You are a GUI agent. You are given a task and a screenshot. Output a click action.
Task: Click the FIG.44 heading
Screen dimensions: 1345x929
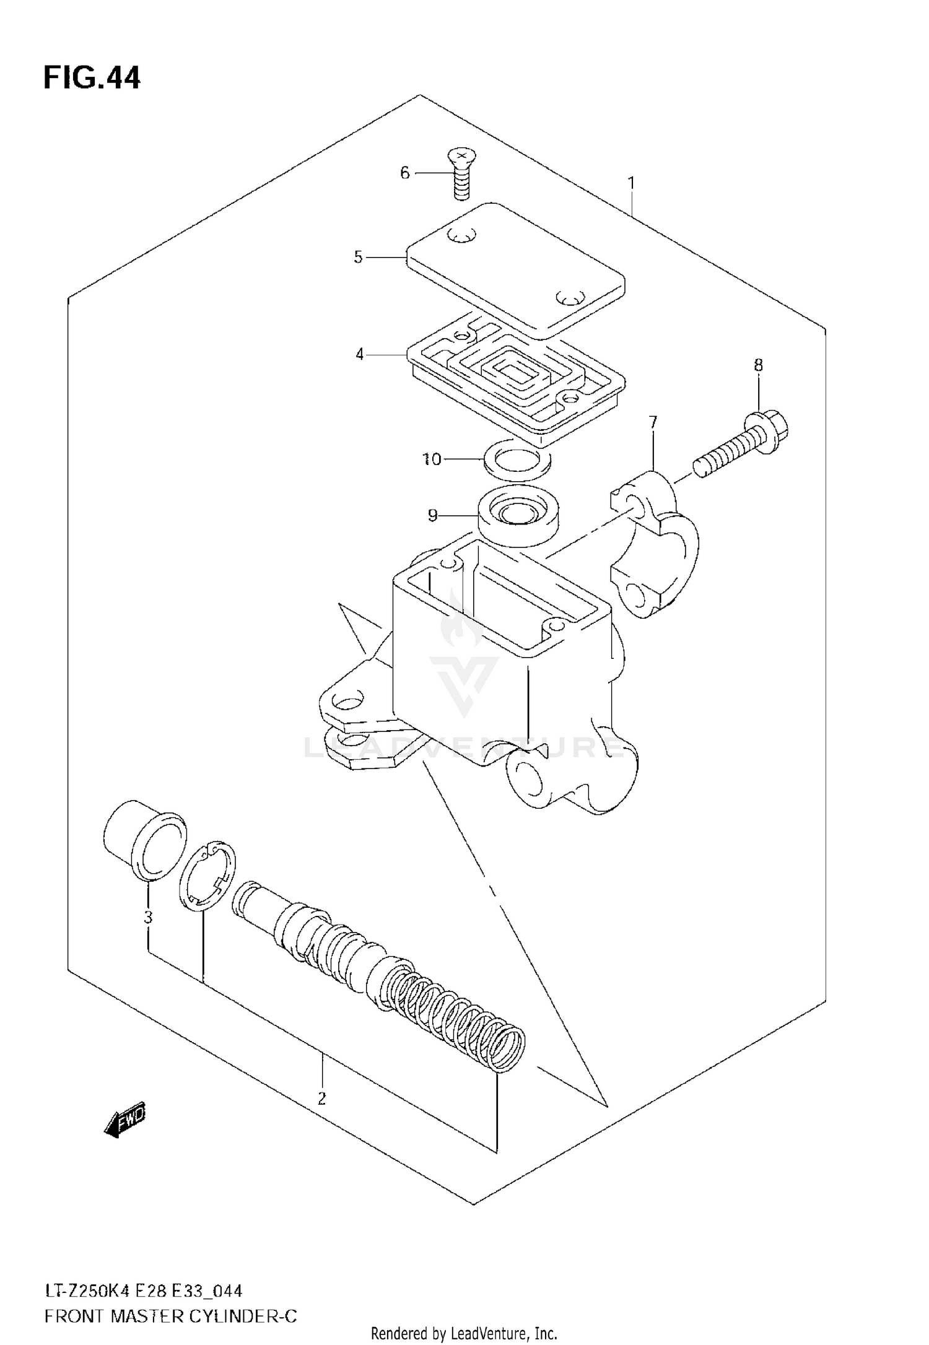click(x=92, y=79)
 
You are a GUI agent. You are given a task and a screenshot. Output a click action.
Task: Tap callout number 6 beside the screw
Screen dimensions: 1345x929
click(x=405, y=173)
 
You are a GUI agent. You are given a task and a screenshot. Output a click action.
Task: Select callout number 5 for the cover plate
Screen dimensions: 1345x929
click(x=358, y=257)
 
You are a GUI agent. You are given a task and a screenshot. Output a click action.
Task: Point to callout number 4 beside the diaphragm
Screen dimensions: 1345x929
click(x=360, y=355)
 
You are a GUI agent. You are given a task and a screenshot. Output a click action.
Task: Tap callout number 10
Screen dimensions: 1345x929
click(x=432, y=459)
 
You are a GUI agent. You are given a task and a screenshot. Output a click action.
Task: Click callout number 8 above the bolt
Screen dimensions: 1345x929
click(x=758, y=365)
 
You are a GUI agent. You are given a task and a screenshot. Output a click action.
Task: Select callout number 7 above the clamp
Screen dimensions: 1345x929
click(x=653, y=422)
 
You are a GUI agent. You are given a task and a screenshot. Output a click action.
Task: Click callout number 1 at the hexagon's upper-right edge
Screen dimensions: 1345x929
click(x=631, y=183)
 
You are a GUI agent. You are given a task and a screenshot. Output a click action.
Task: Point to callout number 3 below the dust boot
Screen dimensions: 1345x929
click(x=148, y=917)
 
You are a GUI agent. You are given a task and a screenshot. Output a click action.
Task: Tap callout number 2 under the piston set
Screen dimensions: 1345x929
click(x=321, y=1099)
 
